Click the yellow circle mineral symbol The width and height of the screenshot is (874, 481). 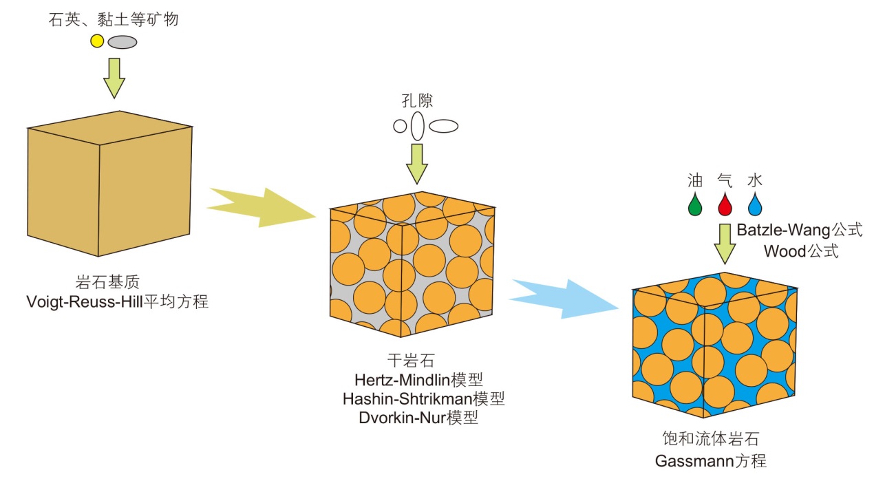[x=97, y=41]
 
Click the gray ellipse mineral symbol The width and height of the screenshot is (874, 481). [x=122, y=42]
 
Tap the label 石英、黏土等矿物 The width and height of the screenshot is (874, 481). [x=114, y=19]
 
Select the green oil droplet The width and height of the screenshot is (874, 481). [x=695, y=204]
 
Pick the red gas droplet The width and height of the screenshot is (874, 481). [x=725, y=204]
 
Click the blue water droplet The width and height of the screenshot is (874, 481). [x=755, y=204]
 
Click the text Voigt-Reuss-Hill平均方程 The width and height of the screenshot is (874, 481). [x=116, y=301]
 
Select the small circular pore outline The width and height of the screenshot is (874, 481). [x=400, y=127]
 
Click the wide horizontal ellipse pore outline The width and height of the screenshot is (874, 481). [x=444, y=127]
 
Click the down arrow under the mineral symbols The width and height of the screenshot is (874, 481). [x=114, y=78]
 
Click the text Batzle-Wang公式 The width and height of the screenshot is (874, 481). [x=799, y=230]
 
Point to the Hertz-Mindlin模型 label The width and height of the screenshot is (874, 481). [x=418, y=378]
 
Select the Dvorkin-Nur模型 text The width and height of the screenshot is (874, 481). [x=418, y=417]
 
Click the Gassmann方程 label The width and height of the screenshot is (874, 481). [x=710, y=460]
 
